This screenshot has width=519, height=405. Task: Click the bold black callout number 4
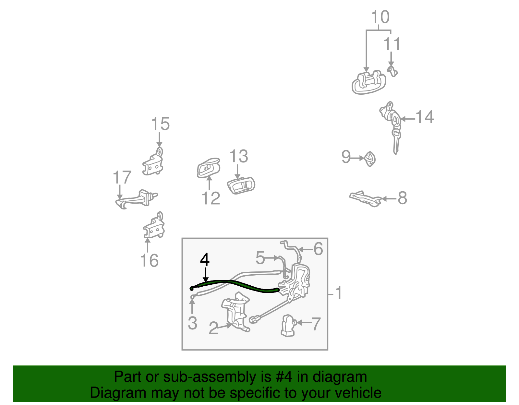(x=205, y=260)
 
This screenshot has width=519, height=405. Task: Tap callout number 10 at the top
(x=380, y=17)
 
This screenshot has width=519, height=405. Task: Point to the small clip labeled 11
(x=392, y=71)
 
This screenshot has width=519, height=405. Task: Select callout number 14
(x=425, y=117)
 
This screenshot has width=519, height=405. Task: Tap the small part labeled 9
(x=370, y=159)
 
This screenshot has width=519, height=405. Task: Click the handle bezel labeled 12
(x=208, y=168)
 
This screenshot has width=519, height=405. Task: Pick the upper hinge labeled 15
(x=153, y=164)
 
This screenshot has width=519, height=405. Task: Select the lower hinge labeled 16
(x=154, y=227)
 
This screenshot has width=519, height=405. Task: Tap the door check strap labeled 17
(x=136, y=198)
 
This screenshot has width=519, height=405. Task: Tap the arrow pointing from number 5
(x=272, y=258)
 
